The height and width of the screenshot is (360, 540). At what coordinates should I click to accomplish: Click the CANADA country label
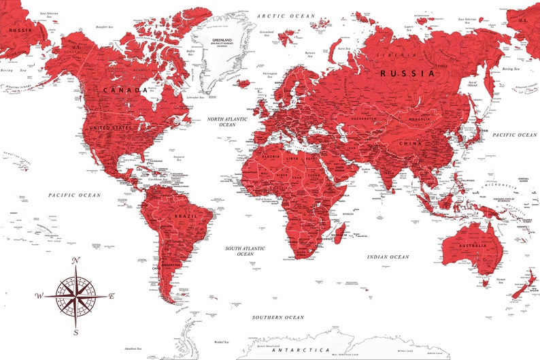coord(126,90)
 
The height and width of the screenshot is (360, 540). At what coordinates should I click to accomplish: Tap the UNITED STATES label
coord(110,127)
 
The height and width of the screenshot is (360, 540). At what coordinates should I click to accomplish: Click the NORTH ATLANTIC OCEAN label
coord(231,121)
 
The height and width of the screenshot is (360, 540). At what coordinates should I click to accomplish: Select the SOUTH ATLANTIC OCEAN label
coord(246,251)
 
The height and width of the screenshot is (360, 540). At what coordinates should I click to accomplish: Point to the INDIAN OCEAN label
coord(388,257)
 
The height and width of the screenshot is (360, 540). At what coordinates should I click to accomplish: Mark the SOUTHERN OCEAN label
coord(278,317)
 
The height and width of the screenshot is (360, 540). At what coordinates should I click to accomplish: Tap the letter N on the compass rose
coord(76,261)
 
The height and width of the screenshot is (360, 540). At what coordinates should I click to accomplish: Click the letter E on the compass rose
coord(112,296)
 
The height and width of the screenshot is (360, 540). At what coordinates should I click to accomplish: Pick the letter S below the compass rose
coord(76,332)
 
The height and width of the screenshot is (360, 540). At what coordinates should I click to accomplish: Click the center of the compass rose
coord(76,296)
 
